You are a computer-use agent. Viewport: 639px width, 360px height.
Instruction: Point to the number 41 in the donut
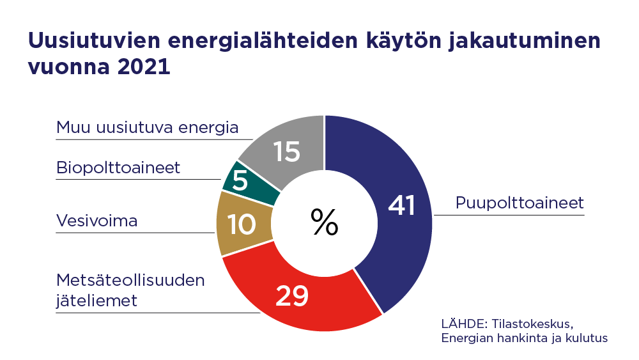pos(402,206)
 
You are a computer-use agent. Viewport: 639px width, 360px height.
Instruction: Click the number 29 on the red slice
pos(292,295)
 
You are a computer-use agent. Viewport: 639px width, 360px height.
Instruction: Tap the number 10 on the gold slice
pos(242,224)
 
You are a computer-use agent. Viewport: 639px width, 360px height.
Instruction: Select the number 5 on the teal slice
pos(240,182)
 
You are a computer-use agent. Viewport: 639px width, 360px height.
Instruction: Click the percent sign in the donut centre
pos(325,222)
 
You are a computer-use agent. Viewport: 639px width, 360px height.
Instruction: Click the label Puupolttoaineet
pos(520,203)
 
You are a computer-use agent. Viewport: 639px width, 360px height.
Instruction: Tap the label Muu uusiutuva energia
pos(147,127)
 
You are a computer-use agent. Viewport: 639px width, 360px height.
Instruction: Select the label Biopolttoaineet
pos(118,168)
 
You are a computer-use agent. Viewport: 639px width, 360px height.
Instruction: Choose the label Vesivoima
pos(97,221)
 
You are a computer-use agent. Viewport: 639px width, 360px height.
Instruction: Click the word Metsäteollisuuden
pos(130,280)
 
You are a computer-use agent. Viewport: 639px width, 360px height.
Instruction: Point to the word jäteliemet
pos(96,300)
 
